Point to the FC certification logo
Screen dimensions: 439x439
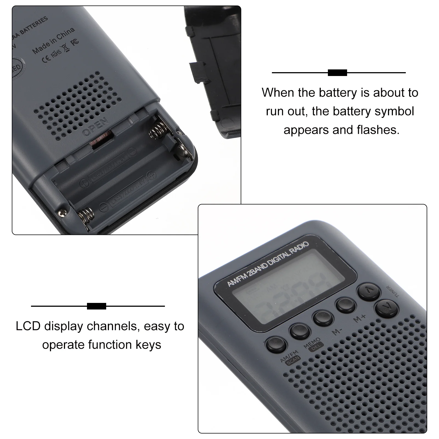(x=74, y=42)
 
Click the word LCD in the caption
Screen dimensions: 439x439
(x=28, y=327)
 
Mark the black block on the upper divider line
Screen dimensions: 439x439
(x=337, y=73)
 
